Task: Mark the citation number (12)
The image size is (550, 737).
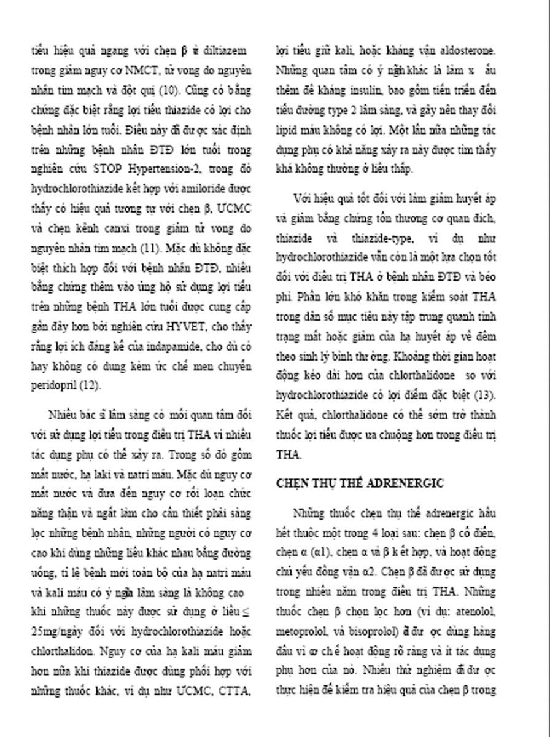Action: click(90, 386)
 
